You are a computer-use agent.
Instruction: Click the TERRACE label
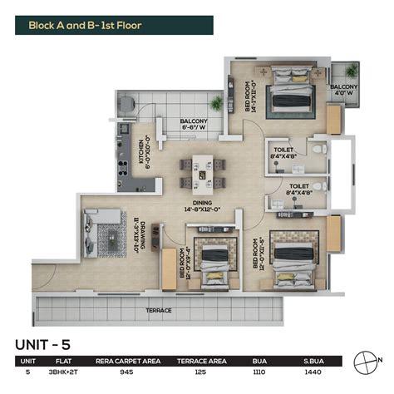159,309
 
